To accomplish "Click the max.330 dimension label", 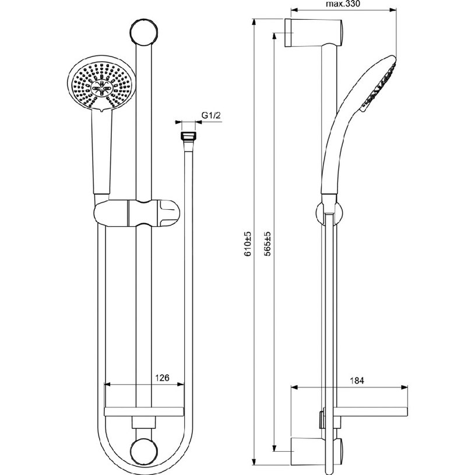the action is coord(343,4).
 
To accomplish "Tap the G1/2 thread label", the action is coord(212,115).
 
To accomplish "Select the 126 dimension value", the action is coord(163,378).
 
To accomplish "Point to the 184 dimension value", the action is coord(357,381).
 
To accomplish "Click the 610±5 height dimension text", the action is coord(248,244).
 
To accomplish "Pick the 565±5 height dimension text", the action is coord(267,244).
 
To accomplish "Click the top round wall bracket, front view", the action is coord(143,31).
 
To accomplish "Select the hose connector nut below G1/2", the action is coord(188,136).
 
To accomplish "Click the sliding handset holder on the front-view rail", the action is coord(136,213).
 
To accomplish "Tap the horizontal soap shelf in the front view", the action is coord(143,411).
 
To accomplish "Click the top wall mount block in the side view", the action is coord(314,33).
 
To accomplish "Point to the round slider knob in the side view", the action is coord(329,214).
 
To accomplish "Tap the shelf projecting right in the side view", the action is coord(371,412).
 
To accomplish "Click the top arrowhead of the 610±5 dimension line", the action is coord(254,22).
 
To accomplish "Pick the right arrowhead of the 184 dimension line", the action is coord(404,387).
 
